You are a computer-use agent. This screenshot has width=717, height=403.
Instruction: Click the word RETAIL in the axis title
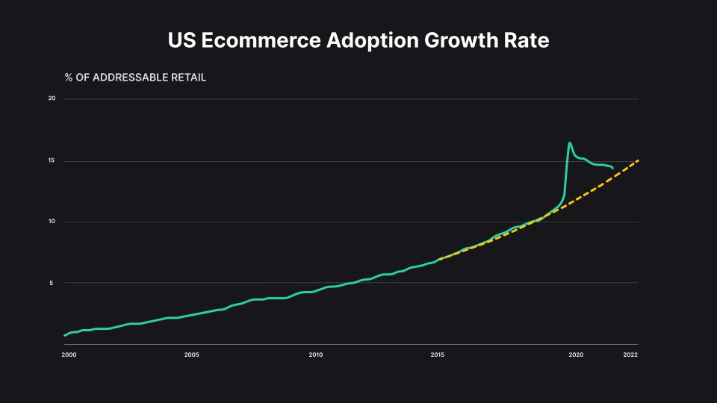pos(187,78)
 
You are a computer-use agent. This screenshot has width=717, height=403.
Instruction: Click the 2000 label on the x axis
pos(68,354)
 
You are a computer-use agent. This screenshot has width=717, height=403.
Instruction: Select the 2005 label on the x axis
pos(191,354)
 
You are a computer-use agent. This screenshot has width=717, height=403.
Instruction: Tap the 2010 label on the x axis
pos(315,354)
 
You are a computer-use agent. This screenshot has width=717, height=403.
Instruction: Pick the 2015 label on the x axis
pos(438,354)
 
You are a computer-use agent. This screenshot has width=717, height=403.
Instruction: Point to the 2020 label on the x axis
pos(576,354)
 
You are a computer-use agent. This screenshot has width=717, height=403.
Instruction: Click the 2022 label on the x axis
pos(630,354)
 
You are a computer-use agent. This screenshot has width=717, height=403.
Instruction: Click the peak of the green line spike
pos(570,143)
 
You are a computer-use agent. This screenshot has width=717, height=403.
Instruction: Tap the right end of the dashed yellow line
pos(638,160)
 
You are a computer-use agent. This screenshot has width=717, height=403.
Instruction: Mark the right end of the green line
pos(613,168)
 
